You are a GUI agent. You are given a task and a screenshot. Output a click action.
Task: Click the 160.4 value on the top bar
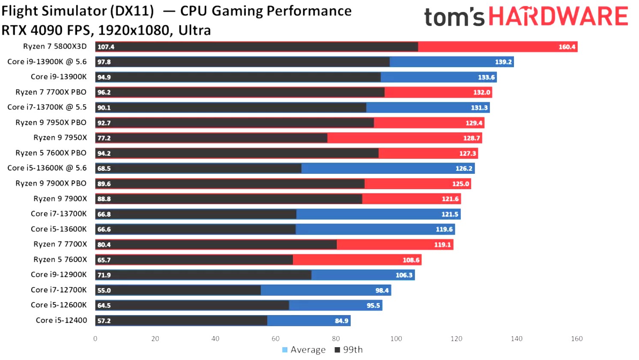567,47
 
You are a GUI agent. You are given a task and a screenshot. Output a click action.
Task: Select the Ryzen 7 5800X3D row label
55,46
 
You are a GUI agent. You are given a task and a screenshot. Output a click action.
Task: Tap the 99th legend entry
349,350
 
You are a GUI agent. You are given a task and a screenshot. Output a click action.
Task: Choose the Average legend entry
304,350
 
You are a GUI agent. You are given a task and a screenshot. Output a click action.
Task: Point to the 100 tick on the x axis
396,339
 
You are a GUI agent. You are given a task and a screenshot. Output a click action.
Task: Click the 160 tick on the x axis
576,339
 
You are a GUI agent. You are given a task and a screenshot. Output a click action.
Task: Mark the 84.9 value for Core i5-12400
341,321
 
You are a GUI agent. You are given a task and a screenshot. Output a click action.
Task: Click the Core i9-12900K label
59,274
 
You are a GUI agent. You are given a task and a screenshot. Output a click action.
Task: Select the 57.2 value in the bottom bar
104,321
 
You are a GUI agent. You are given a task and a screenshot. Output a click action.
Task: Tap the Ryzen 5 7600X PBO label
51,153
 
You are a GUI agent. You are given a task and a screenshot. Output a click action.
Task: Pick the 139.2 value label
503,62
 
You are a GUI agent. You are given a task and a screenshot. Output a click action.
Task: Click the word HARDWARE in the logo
558,17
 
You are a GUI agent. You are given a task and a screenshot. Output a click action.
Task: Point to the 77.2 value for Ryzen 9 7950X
104,138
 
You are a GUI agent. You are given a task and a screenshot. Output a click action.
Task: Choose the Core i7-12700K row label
59,290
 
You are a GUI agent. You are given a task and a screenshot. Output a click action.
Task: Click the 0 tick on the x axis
95,339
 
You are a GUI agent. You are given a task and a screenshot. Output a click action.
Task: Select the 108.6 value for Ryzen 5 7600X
411,260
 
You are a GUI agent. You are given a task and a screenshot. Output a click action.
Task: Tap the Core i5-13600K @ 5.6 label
47,168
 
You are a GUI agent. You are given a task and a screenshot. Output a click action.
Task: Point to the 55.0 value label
104,290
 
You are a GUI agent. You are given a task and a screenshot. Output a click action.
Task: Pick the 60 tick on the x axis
275,339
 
